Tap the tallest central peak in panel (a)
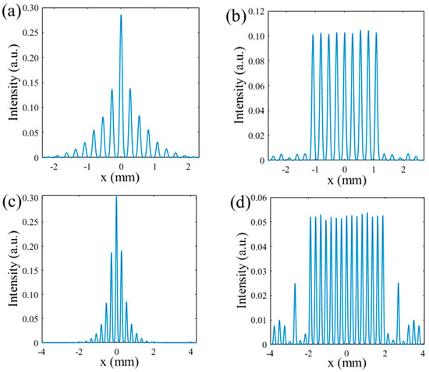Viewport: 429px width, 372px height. (121, 16)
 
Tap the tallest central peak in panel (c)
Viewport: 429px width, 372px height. (116, 197)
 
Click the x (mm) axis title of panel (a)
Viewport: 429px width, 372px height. (121, 179)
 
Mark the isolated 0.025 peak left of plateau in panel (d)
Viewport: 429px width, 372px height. (295, 284)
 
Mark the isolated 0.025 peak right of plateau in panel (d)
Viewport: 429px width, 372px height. (399, 284)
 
